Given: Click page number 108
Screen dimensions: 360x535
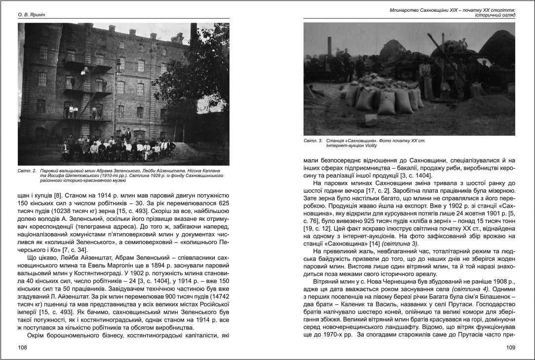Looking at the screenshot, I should [x=22, y=348].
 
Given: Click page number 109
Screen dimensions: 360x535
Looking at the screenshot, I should [x=510, y=348].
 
